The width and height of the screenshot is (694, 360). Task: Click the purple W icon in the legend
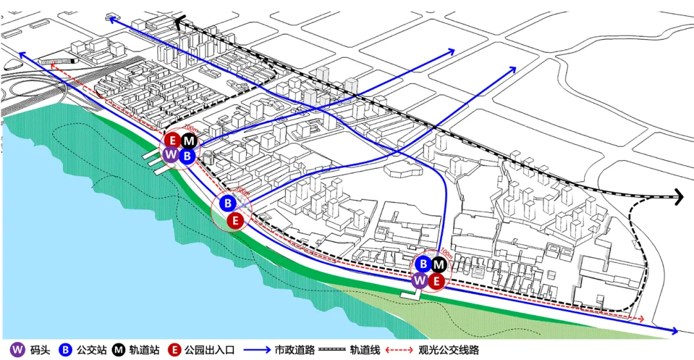click(x=18, y=350)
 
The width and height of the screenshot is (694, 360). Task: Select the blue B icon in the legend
click(x=66, y=350)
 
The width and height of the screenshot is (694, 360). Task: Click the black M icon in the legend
click(x=119, y=350)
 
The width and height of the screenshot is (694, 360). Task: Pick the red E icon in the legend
click(x=173, y=350)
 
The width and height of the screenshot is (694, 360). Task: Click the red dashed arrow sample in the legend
click(x=400, y=350)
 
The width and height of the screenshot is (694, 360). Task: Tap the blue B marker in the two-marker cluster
click(x=227, y=203)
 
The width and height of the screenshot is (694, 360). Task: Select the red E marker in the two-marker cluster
click(x=235, y=221)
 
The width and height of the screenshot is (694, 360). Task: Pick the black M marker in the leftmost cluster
click(x=189, y=141)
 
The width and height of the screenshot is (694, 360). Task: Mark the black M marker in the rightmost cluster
click(x=438, y=264)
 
